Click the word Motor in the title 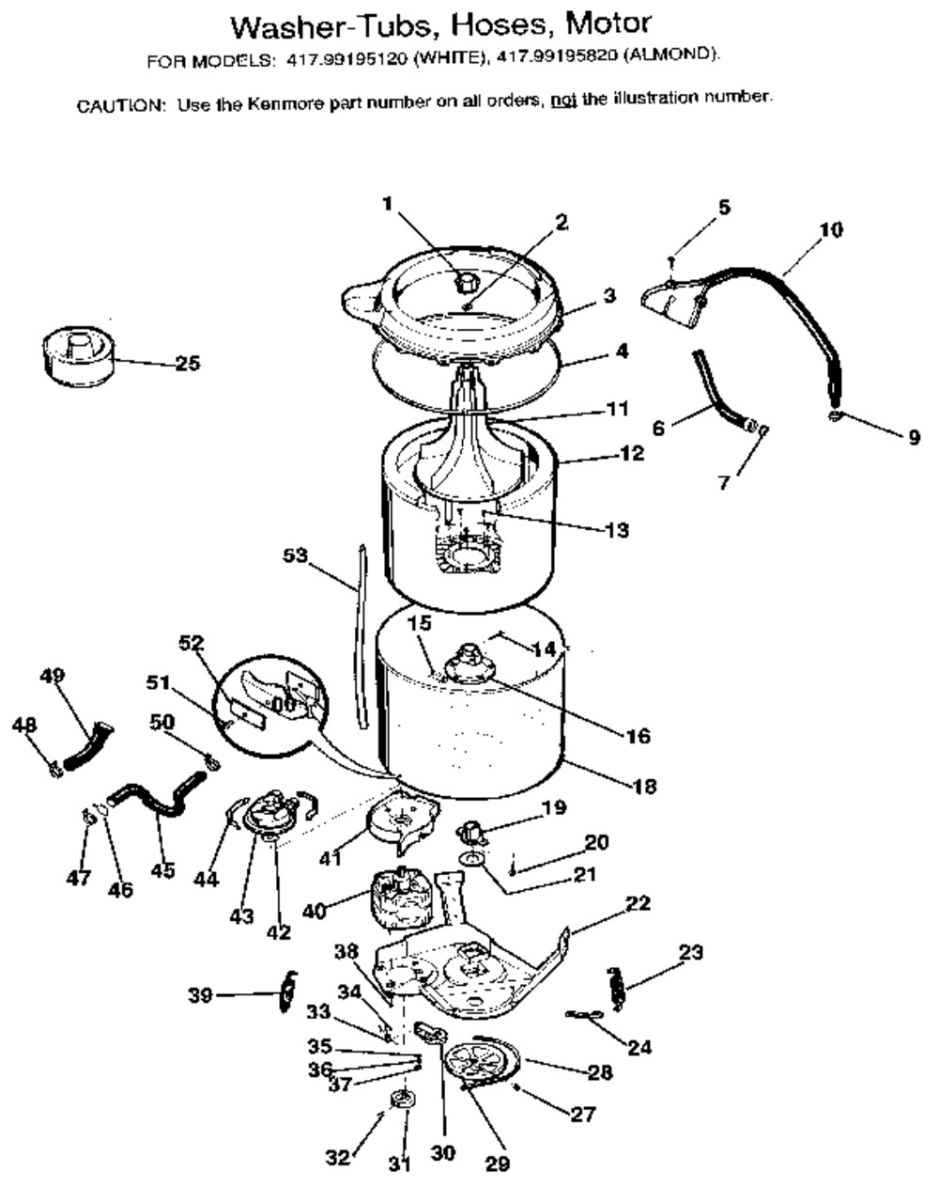[608, 23]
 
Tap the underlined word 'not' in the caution [563, 101]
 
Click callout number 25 [188, 364]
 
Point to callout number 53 [295, 554]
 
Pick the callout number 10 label [831, 229]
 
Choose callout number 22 [638, 903]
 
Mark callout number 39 [200, 995]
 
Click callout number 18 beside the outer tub [644, 787]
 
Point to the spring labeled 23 [616, 989]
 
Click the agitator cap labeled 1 [465, 283]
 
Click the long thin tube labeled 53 [362, 637]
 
